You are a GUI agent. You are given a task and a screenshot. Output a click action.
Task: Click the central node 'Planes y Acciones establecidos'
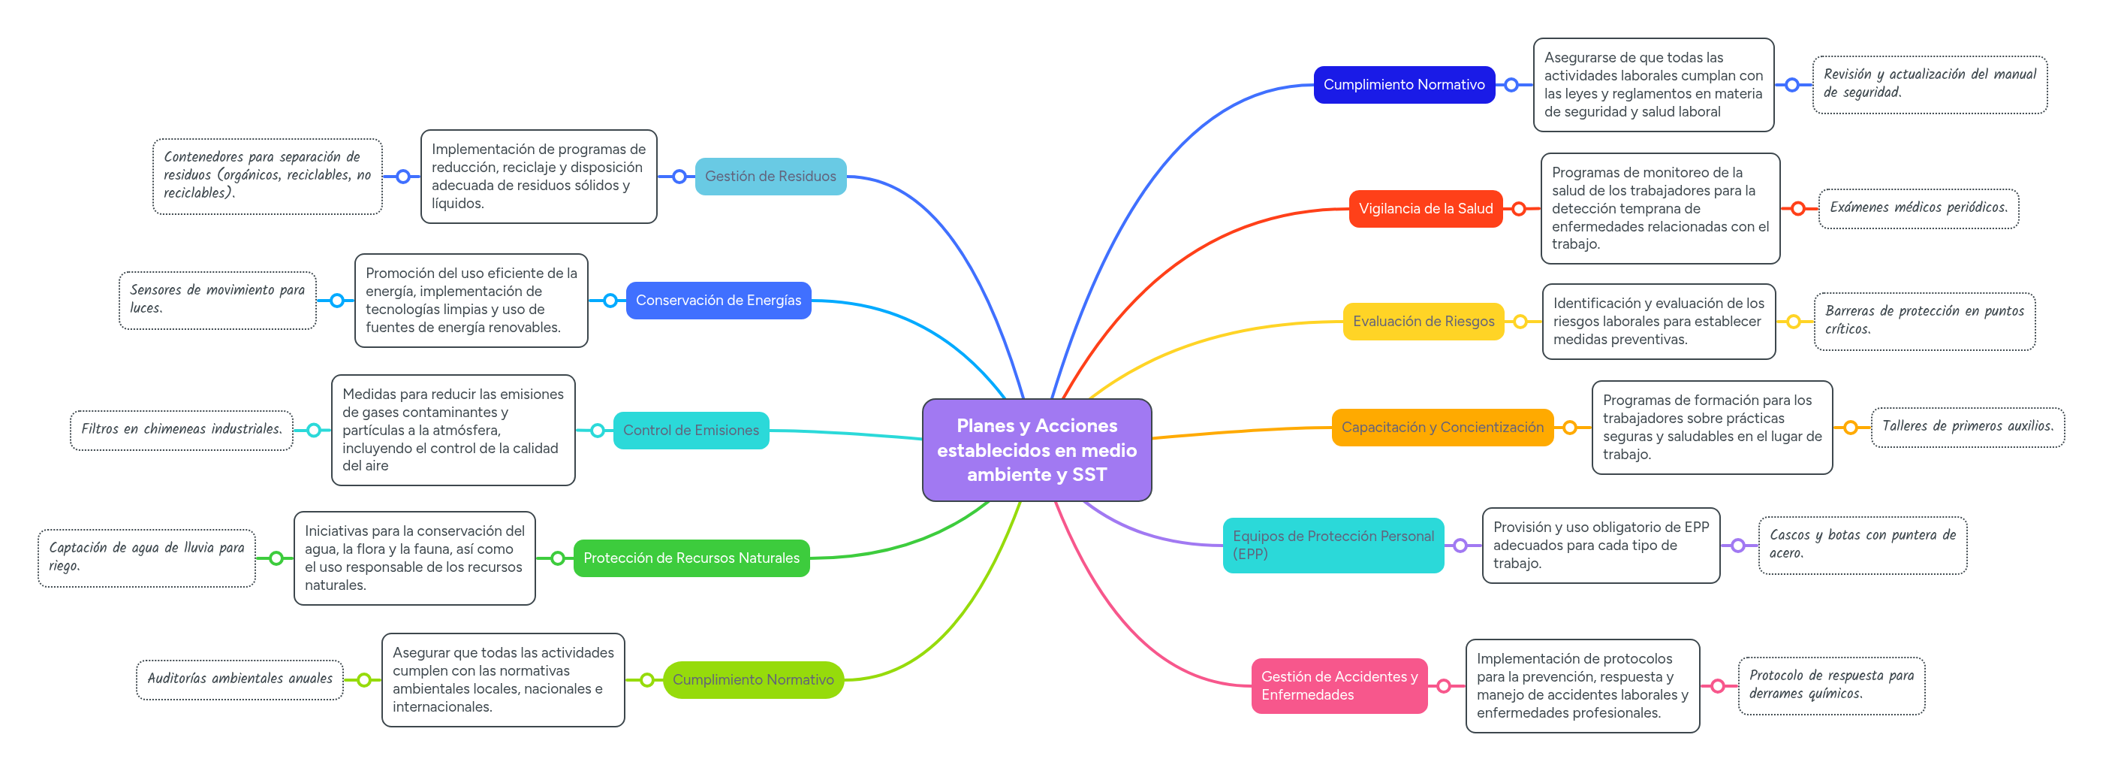1037,450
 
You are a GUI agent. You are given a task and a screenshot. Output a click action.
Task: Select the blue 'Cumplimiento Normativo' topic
1404,85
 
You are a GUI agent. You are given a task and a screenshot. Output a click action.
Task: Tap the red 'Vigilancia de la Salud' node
1426,209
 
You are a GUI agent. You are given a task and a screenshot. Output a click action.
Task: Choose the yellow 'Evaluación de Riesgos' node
1423,322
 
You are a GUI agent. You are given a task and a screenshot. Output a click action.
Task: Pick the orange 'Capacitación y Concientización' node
1442,427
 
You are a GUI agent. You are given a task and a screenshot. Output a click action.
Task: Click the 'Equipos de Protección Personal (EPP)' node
1333,546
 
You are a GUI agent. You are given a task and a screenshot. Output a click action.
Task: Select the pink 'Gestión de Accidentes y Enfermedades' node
1339,686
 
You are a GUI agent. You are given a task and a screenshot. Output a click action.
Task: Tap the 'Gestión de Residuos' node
770,177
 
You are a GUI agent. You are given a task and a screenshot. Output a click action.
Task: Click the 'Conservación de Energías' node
719,301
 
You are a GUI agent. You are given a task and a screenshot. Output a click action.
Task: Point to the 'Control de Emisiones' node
691,431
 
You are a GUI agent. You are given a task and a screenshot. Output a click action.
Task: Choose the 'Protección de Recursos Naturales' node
691,558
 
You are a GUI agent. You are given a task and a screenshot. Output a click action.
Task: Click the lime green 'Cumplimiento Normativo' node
754,680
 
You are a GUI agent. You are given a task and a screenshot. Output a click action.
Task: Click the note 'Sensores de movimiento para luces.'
217,301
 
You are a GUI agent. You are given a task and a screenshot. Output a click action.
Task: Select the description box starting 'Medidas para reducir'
453,431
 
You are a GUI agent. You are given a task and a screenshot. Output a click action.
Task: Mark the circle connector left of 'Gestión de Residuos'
679,177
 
